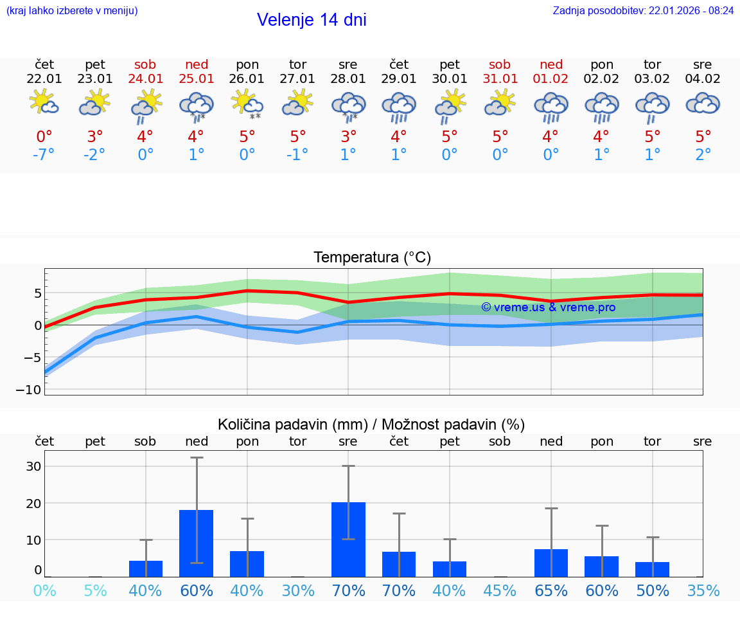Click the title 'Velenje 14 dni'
[312, 20]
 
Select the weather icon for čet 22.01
[44, 103]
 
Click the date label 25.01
[197, 79]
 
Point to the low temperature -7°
[44, 155]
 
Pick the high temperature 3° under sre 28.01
[348, 137]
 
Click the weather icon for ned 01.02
[551, 106]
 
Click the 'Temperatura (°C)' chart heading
[372, 258]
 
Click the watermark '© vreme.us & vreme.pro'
[548, 307]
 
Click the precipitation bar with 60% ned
[196, 543]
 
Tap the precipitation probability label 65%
[551, 591]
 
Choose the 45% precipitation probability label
[500, 591]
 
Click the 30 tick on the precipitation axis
[33, 466]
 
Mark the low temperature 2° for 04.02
[703, 155]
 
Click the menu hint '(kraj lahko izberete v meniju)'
[72, 11]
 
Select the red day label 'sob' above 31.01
[500, 65]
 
